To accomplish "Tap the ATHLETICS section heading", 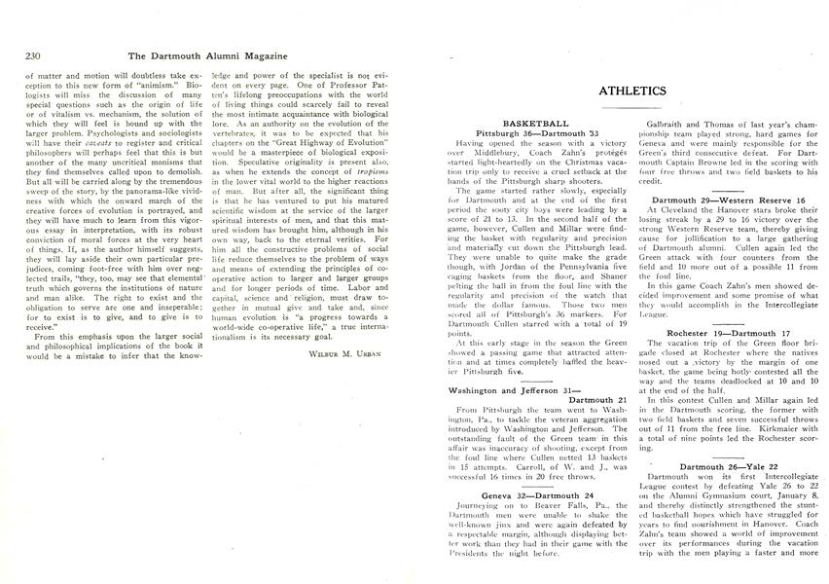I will [x=631, y=91].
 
